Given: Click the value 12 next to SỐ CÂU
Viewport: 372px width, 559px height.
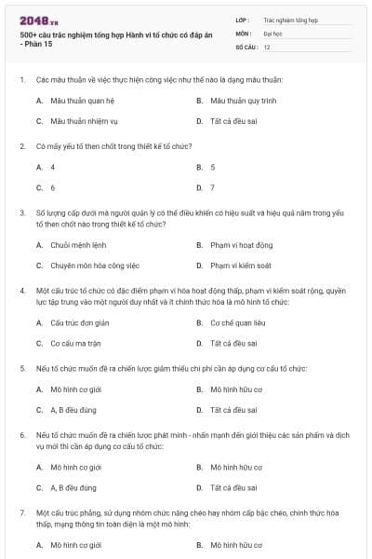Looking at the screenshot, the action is (267, 46).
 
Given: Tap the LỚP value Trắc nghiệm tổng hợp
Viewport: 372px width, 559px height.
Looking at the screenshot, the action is (291, 19).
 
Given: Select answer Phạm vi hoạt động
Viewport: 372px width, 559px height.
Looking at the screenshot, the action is (241, 245).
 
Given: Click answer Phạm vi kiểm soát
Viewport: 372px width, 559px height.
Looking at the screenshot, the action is (240, 266).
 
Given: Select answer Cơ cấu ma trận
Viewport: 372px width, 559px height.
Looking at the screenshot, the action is (75, 343).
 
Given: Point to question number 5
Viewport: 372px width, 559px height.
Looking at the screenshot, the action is (22, 368).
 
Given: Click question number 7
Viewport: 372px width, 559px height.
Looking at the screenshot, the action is (22, 512).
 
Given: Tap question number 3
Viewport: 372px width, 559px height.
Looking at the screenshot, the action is (22, 212).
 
